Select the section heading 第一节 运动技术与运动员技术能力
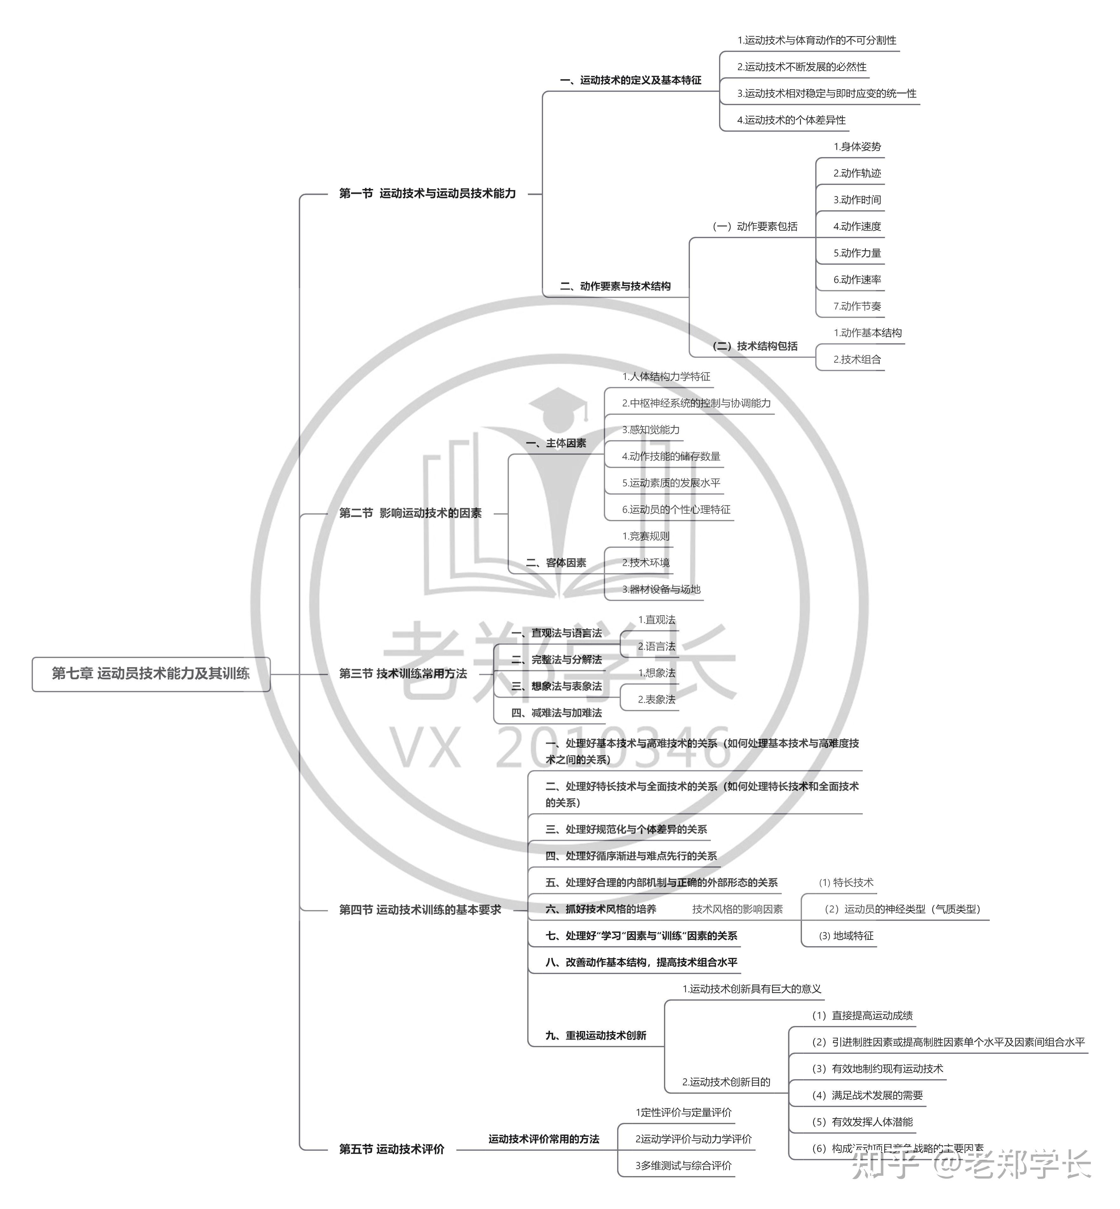427,193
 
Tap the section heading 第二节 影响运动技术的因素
410,513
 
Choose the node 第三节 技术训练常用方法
403,674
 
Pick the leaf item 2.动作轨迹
857,174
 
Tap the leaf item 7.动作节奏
857,306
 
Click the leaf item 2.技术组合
857,359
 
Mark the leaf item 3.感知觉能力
651,430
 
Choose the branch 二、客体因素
556,563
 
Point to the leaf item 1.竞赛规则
646,536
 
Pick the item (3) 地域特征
846,935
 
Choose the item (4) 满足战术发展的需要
867,1095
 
